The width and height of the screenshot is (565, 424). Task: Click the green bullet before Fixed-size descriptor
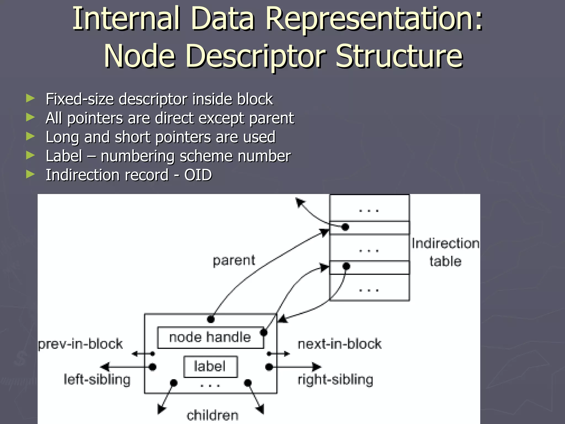pyautogui.click(x=30, y=99)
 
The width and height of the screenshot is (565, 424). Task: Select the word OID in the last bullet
pyautogui.click(x=198, y=175)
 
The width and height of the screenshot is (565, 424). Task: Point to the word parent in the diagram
pyautogui.click(x=234, y=261)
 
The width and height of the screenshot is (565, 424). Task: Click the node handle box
pyautogui.click(x=210, y=337)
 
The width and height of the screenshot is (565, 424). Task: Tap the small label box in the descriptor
pyautogui.click(x=210, y=367)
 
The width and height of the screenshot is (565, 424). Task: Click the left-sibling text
pyautogui.click(x=97, y=380)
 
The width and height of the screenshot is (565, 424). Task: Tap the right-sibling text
pyautogui.click(x=335, y=380)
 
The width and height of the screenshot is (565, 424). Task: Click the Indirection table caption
pyautogui.click(x=445, y=252)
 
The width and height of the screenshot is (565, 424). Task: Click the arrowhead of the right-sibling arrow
pyautogui.click(x=317, y=367)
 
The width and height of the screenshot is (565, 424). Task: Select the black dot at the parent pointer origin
pyautogui.click(x=210, y=319)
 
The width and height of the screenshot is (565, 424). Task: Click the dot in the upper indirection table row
pyautogui.click(x=345, y=227)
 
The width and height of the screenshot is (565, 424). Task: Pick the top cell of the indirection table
pyautogui.click(x=369, y=208)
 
